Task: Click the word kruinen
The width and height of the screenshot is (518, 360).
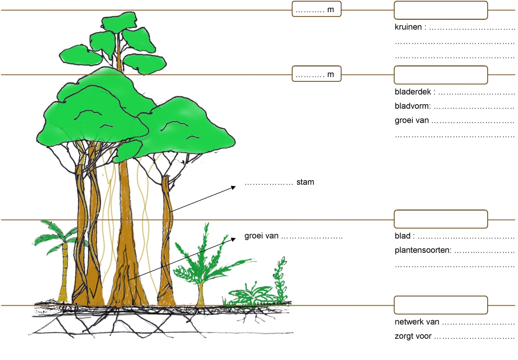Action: point(409,28)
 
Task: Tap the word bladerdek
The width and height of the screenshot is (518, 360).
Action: point(412,92)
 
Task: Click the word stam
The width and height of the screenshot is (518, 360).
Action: point(305,182)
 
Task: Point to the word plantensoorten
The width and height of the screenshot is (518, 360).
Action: point(422,250)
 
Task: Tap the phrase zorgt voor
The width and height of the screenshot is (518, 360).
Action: point(413,336)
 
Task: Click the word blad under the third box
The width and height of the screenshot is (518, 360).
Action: point(403,236)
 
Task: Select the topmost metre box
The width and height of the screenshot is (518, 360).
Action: point(316,9)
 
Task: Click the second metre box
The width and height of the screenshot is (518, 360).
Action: point(316,74)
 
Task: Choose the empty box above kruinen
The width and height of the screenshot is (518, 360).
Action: point(441,10)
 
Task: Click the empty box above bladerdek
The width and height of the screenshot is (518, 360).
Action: point(441,75)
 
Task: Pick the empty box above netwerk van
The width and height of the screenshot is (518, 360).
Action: point(441,305)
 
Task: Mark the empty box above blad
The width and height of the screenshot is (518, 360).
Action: point(441,219)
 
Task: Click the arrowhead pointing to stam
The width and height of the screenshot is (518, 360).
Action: point(234,186)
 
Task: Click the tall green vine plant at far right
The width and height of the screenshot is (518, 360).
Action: point(280,279)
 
